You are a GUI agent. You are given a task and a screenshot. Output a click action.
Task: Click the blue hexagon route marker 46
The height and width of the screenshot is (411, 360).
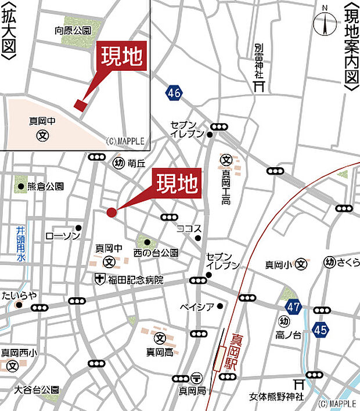pyautogui.click(x=172, y=92)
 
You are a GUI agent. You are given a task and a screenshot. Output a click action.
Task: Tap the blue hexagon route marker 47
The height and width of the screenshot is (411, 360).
pyautogui.click(x=293, y=305)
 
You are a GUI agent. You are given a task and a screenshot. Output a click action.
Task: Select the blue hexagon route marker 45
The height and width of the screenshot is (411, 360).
pyautogui.click(x=320, y=329)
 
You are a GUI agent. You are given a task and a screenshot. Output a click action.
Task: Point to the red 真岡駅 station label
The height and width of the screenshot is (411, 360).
pyautogui.click(x=236, y=348)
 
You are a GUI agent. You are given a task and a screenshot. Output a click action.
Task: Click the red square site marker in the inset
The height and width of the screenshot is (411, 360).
pyautogui.click(x=80, y=104)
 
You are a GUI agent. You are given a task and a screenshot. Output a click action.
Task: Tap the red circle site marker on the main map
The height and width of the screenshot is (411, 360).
pyautogui.click(x=111, y=212)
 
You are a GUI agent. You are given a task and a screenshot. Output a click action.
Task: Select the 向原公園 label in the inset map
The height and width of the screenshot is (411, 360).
pyautogui.click(x=73, y=30)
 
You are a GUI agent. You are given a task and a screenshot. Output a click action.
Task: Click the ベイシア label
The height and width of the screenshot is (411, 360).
pyautogui.click(x=197, y=306)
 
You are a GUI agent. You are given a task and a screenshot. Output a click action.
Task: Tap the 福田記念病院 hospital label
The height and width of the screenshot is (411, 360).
pyautogui.click(x=134, y=280)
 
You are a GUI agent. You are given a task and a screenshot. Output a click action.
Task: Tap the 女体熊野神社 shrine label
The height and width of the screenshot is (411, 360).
pyautogui.click(x=276, y=397)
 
